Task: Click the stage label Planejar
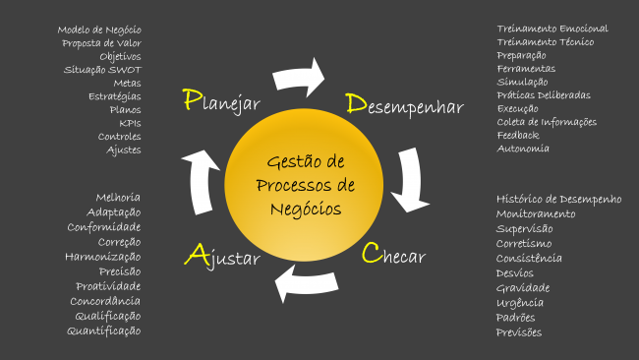pos(221,102)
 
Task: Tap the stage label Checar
pos(393,256)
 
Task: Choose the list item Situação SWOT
pos(102,70)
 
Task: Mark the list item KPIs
pos(130,123)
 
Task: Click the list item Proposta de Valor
pos(101,43)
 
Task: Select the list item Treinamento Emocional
pos(552,29)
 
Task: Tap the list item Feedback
pos(518,135)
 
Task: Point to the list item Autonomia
pos(523,149)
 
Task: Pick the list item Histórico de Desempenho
pos(559,199)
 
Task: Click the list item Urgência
pos(520,302)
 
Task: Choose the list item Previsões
pos(519,331)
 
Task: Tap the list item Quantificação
pos(104,330)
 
